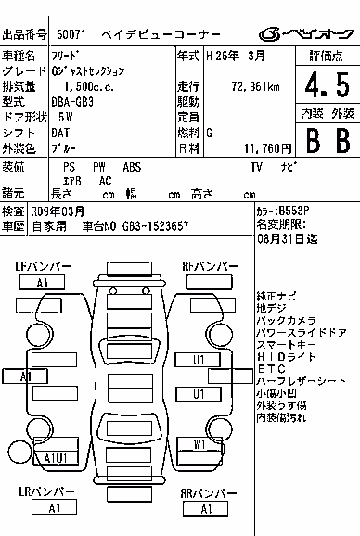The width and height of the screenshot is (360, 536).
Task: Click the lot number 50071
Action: tap(71, 34)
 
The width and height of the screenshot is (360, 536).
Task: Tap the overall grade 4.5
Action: tap(328, 84)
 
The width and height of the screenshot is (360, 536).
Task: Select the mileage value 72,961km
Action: tap(255, 86)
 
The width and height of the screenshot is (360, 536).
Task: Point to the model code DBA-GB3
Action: tap(72, 102)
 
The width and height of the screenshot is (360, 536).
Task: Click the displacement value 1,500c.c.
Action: tap(89, 86)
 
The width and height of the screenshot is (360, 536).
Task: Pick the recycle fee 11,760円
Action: tap(268, 148)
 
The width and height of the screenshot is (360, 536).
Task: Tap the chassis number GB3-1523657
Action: tap(155, 226)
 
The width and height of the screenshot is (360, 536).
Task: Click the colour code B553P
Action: tap(294, 211)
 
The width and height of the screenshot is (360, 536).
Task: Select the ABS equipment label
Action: tap(132, 167)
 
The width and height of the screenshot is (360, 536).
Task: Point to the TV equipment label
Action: tap(256, 167)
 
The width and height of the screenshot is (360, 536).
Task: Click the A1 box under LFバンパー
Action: tap(42, 283)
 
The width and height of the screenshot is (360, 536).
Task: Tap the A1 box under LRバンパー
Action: tap(54, 507)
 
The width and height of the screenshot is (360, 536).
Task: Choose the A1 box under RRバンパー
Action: tap(205, 509)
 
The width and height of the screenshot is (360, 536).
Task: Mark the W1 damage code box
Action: tap(199, 444)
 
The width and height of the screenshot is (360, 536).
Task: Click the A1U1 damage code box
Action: tap(56, 458)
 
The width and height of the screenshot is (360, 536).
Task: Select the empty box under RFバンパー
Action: tap(210, 283)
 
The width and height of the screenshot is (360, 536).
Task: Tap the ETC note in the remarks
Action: tap(271, 369)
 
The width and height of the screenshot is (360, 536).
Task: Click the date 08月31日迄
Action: tap(288, 238)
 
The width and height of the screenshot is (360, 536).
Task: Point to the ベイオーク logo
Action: tap(306, 34)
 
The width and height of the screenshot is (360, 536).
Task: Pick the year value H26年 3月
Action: tap(236, 56)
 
